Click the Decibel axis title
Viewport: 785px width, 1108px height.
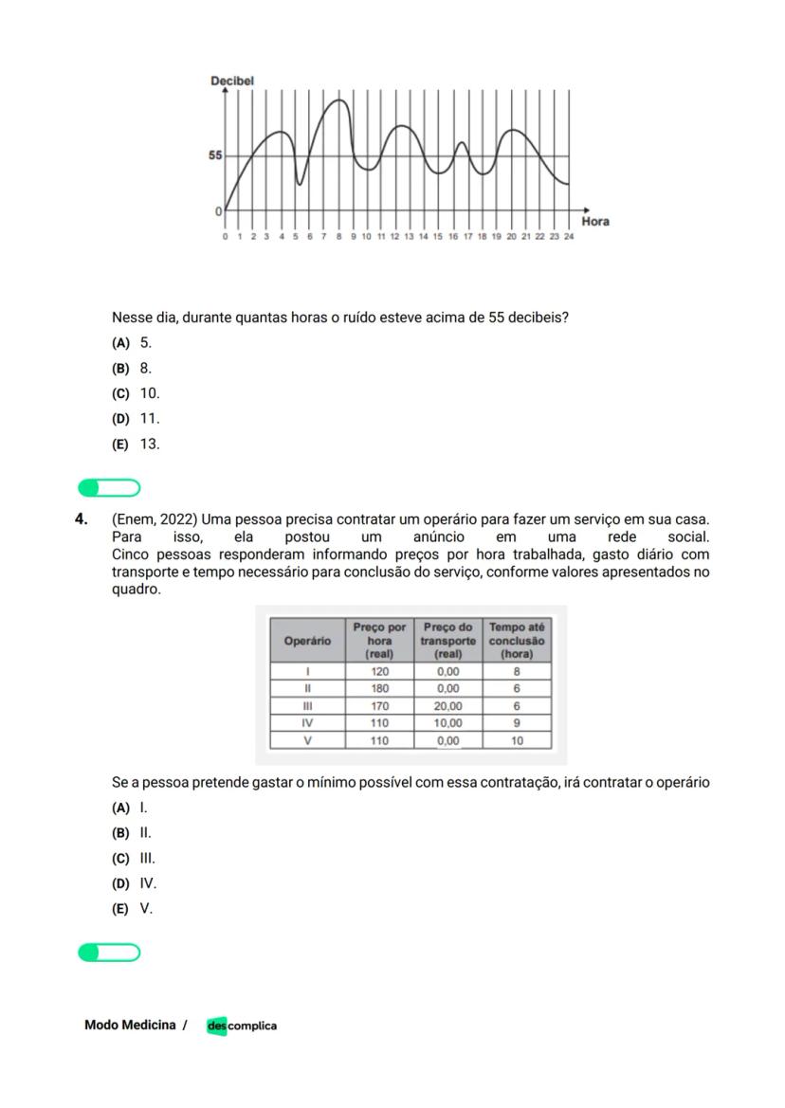coord(232,82)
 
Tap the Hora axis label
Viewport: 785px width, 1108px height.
coord(594,221)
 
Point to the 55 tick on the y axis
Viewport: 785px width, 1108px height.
coord(215,155)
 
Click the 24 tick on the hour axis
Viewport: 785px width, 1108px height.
coord(568,237)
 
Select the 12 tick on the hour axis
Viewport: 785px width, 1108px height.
coord(394,237)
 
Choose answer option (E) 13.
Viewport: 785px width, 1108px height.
coord(137,444)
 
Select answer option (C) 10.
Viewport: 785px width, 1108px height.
coord(137,393)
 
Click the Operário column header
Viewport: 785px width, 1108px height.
coord(307,641)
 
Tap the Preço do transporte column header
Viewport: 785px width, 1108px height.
coord(447,641)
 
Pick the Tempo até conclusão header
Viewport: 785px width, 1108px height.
coord(517,641)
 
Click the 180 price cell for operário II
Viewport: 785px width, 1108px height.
coord(379,688)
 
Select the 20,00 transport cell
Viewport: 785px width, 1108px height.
coord(447,706)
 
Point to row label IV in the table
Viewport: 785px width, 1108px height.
coord(307,723)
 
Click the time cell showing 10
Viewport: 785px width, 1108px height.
coord(517,741)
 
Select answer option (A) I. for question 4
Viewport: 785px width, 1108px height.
coord(131,808)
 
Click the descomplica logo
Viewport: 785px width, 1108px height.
coord(242,1026)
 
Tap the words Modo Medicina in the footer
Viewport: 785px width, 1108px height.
coord(130,1025)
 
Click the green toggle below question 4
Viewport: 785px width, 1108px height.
coord(109,953)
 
